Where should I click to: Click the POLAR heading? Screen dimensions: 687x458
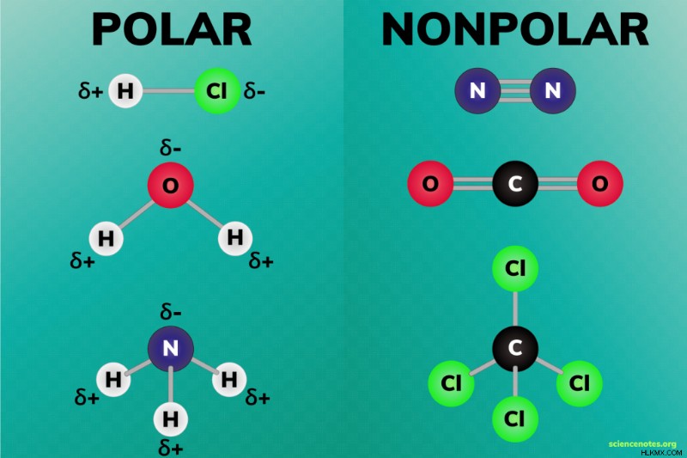tap(171, 29)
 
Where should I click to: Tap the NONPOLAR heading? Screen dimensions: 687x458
tap(514, 29)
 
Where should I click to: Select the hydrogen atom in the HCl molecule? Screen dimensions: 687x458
tap(125, 91)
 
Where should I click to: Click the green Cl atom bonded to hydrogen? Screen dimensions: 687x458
tap(217, 91)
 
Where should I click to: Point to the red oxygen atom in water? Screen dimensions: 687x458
tap(170, 185)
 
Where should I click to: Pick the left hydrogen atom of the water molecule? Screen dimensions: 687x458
tap(106, 238)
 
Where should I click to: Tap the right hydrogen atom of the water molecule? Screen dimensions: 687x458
tap(235, 238)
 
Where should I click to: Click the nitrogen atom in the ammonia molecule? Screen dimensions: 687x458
tap(170, 348)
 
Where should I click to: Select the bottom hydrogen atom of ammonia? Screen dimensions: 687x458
tap(170, 419)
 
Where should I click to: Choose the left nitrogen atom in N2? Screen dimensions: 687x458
tap(477, 91)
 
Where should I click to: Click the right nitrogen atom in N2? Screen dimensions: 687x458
tap(552, 91)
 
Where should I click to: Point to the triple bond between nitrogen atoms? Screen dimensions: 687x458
tap(515, 91)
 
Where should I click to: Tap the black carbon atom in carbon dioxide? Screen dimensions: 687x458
tap(514, 183)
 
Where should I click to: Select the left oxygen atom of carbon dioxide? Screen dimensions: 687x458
tap(430, 183)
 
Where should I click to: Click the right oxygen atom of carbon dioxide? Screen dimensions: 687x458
tap(599, 183)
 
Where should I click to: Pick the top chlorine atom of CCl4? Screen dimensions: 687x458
tap(514, 268)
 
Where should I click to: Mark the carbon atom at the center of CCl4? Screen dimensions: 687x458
tap(514, 348)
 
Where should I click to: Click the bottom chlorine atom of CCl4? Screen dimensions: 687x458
tap(514, 419)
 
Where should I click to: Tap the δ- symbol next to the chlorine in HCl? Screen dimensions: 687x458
tap(254, 91)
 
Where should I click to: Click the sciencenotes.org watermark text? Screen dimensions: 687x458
tap(642, 444)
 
